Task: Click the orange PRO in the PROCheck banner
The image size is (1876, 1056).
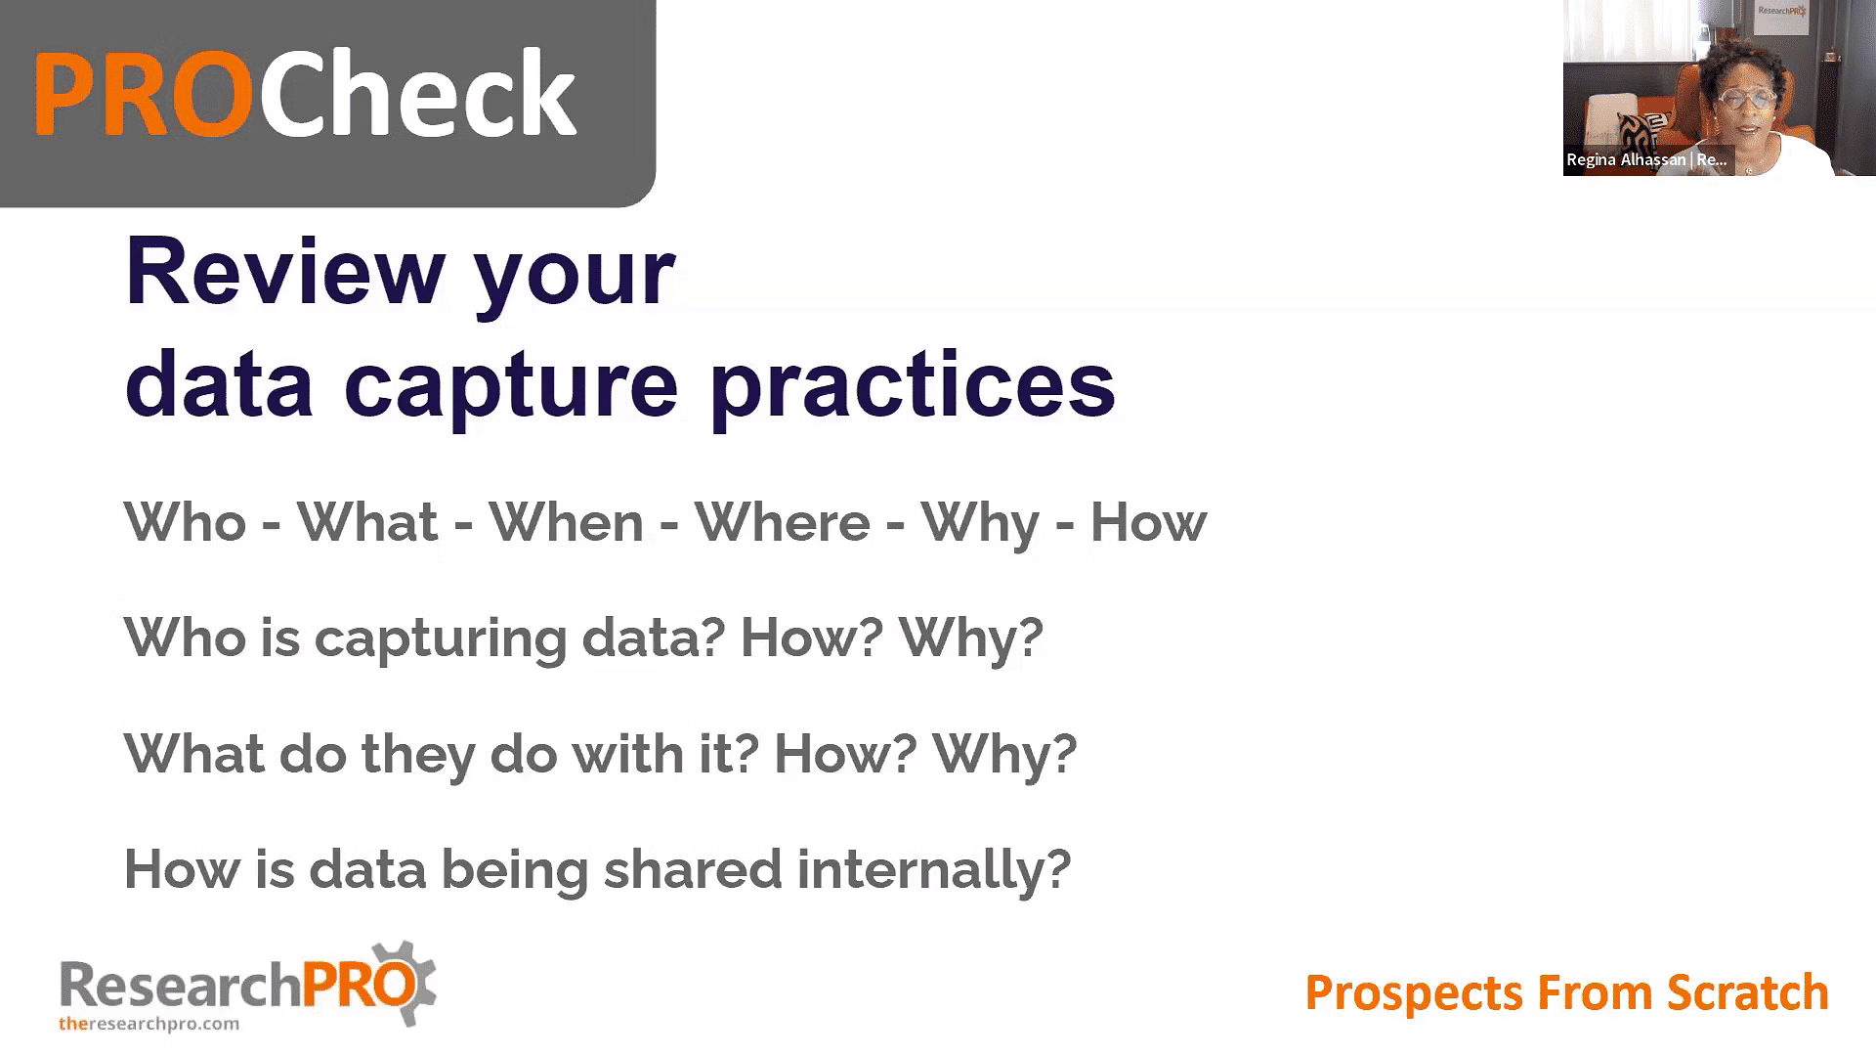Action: [x=144, y=94]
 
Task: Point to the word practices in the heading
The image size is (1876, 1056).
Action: [x=913, y=384]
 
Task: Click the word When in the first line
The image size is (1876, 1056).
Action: [x=566, y=522]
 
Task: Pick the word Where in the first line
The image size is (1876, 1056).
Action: [x=782, y=522]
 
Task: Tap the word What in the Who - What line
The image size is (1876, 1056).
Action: [x=367, y=522]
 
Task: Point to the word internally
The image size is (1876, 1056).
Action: [x=933, y=871]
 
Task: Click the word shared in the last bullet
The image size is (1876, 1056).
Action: [x=693, y=869]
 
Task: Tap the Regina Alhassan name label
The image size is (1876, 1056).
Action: [x=1646, y=159]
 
